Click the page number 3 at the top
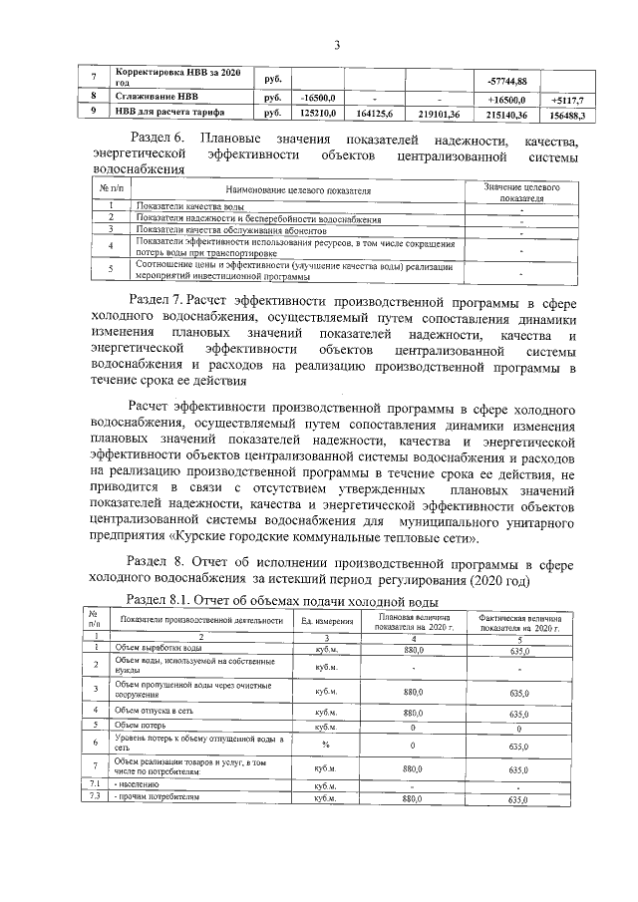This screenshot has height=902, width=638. [x=337, y=44]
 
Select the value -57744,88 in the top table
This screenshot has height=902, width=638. [x=506, y=80]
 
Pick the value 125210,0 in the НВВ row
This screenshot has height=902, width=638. [x=321, y=114]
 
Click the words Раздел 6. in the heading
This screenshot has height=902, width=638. [x=159, y=137]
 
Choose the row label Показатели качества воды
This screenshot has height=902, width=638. [x=178, y=205]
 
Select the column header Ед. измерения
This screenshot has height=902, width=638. [x=328, y=621]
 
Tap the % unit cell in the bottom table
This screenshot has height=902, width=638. [x=326, y=744]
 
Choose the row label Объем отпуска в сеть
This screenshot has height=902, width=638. [x=156, y=711]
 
